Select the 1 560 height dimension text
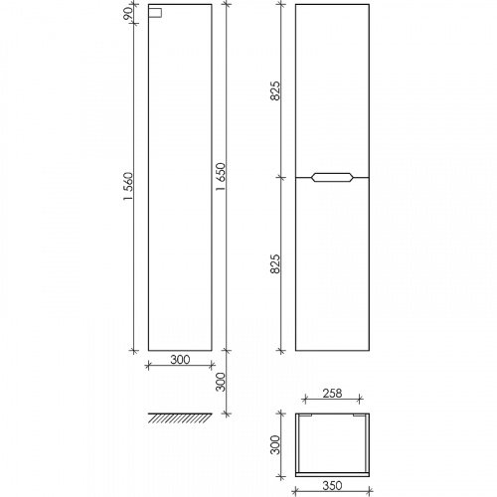coord(128,186)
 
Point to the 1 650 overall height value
coord(221,177)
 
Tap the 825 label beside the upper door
coord(275,90)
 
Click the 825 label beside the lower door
coord(275,263)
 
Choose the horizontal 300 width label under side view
coord(180,360)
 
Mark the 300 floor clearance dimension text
coord(221,382)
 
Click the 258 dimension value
coord(332,394)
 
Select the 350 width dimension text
coord(332,486)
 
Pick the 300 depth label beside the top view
coord(275,445)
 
